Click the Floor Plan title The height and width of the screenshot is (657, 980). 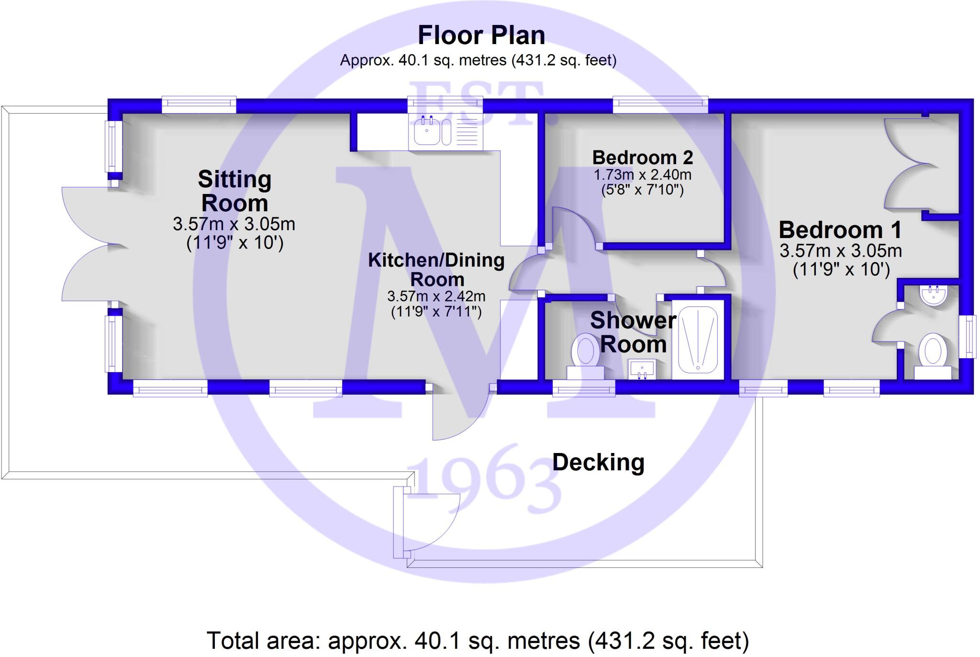point(481,35)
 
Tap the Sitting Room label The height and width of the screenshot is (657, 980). point(234,191)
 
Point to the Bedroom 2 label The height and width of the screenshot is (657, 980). point(642,158)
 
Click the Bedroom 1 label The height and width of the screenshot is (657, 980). point(840,230)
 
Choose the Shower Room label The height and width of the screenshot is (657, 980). point(633,332)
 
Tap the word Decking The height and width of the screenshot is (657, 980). point(598,463)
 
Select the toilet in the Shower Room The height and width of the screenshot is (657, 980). point(585,357)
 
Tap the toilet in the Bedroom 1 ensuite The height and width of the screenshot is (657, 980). point(933,357)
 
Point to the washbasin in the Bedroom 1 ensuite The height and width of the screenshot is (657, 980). point(933,295)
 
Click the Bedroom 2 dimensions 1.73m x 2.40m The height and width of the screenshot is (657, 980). point(642,175)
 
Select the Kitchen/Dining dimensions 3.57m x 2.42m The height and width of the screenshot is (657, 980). point(436,297)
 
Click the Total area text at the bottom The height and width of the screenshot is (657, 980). point(477,641)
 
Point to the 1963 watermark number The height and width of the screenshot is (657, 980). point(483,478)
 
